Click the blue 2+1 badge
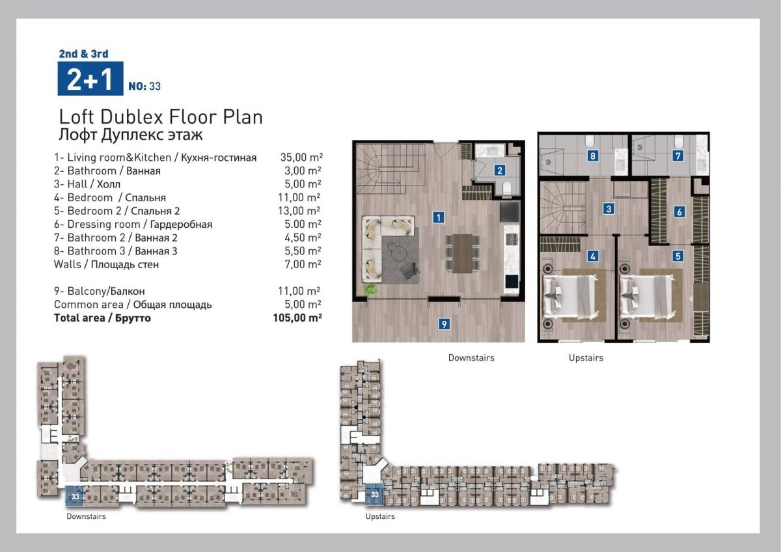click(90, 79)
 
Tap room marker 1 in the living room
click(438, 217)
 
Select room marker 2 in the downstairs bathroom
click(500, 170)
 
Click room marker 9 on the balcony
click(444, 324)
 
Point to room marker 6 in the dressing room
click(679, 212)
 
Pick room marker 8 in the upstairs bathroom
click(593, 156)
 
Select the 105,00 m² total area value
click(297, 318)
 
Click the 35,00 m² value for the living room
click(301, 158)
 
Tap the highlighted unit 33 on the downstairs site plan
click(75, 496)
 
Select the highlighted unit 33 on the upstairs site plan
click(374, 495)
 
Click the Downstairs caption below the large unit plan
click(471, 358)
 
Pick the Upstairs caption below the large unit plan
click(586, 358)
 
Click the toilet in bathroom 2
click(506, 188)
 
